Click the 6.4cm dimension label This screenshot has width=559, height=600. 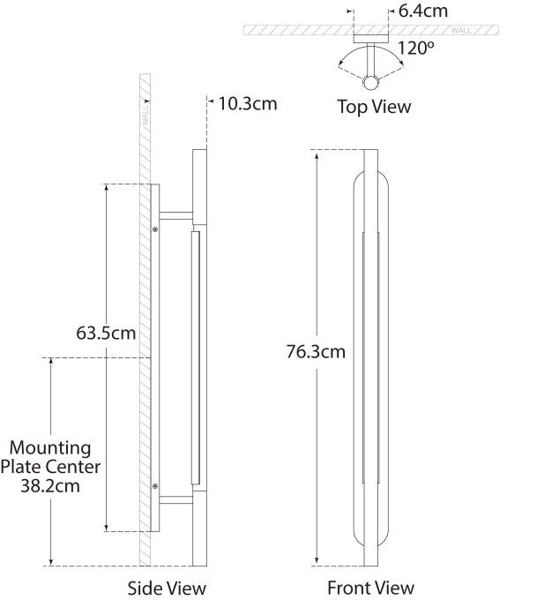[x=423, y=11]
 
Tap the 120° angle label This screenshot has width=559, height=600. [x=416, y=49]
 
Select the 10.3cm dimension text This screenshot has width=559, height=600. [x=248, y=104]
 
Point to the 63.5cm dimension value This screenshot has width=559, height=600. [x=106, y=333]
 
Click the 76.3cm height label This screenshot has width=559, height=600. [x=316, y=352]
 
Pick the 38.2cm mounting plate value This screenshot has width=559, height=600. [x=50, y=486]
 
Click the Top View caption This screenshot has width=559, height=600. [x=374, y=107]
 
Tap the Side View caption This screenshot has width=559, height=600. [x=167, y=589]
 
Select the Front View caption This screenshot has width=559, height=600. [x=370, y=588]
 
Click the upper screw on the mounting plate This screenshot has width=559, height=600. [x=155, y=229]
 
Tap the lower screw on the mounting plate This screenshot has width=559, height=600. [x=155, y=486]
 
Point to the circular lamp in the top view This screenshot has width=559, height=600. [x=370, y=83]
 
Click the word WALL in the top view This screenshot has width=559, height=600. [x=461, y=30]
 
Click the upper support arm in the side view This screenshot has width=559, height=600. [x=175, y=216]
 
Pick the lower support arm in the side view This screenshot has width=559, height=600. [x=175, y=499]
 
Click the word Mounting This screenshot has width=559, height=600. [x=50, y=448]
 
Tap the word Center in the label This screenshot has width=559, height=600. [x=75, y=467]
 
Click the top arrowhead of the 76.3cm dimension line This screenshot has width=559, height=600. [x=317, y=156]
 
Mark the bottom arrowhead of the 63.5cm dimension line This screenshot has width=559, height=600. [x=107, y=528]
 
